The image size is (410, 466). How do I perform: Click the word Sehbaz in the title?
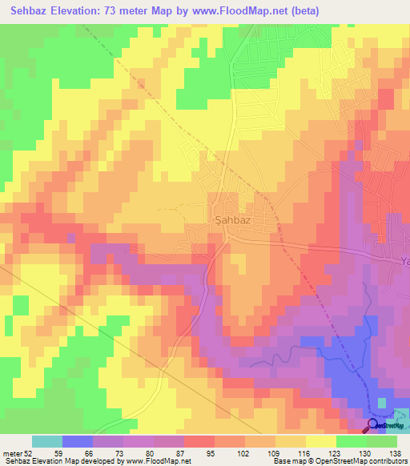tap(26, 10)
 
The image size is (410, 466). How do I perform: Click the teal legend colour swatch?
tap(46, 441)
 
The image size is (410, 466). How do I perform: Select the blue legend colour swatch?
tap(78, 441)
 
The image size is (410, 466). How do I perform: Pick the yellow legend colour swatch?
tap(321, 441)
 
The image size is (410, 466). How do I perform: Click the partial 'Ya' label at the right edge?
tap(404, 261)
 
